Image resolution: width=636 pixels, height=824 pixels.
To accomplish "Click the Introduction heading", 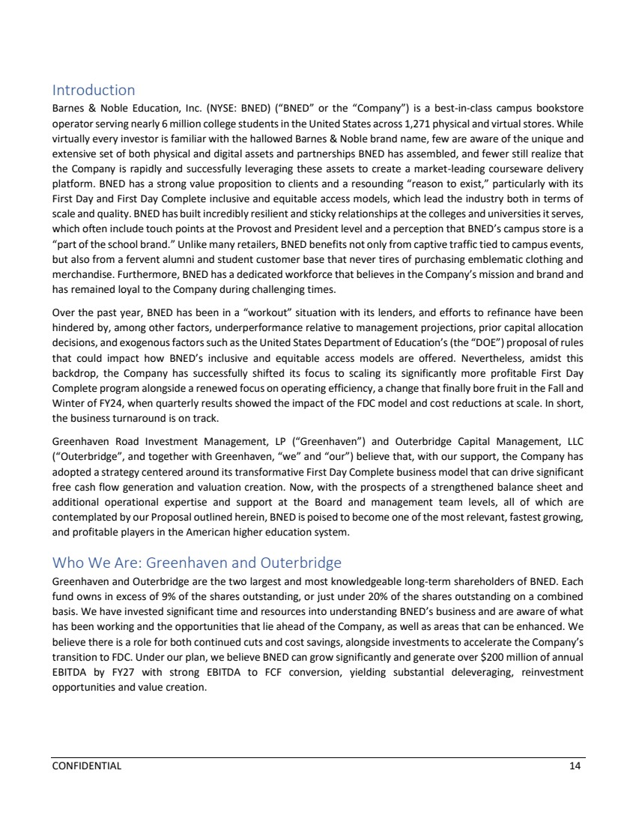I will [x=93, y=91].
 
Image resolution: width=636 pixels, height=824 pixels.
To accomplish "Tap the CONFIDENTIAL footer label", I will [x=86, y=766].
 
